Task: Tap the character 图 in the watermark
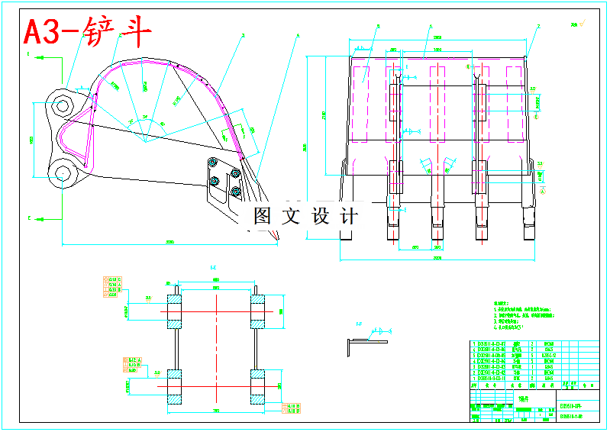click(263, 216)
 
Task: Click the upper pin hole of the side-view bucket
click(61, 103)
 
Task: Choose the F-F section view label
click(358, 324)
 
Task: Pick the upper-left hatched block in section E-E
click(176, 311)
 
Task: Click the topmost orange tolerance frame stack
click(111, 285)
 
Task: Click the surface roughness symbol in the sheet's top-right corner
click(574, 25)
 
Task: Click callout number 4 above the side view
click(298, 35)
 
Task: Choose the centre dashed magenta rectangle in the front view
click(437, 102)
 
